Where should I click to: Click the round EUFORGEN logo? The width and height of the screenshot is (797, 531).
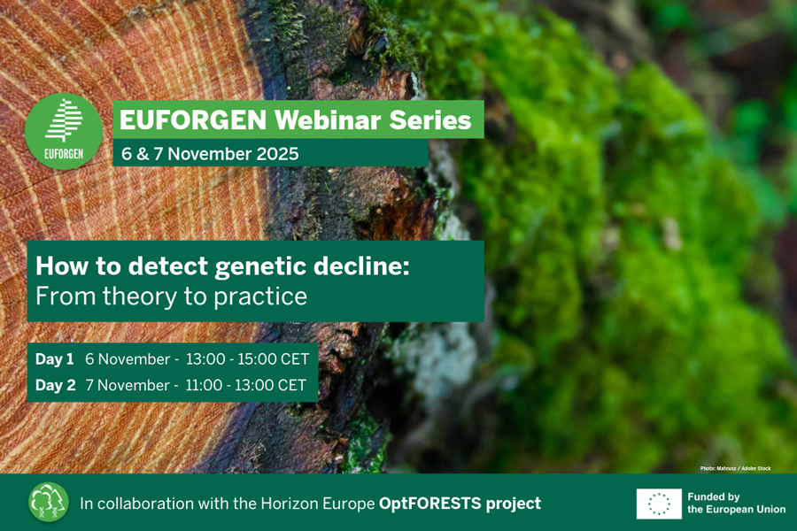coord(64,131)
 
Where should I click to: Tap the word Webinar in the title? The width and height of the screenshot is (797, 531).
coord(328,120)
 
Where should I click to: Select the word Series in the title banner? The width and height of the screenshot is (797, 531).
coord(430,120)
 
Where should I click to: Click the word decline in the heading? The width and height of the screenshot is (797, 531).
coord(359,265)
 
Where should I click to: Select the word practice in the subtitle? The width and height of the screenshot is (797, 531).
coord(260,297)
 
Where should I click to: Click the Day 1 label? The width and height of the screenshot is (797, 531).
coord(54,359)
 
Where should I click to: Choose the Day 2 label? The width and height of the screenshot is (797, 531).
coord(56,385)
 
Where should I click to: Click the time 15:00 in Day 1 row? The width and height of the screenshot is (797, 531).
coord(257,359)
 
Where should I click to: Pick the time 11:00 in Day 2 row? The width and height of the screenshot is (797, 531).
coord(204,385)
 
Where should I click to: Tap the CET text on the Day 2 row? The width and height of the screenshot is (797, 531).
coord(292,385)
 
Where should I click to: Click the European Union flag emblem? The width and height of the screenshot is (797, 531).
coord(659,504)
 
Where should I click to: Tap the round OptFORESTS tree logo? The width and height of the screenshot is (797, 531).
coord(49,503)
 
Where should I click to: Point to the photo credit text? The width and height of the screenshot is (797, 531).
coord(736,468)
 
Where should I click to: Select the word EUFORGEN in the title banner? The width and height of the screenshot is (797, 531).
coord(193,120)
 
